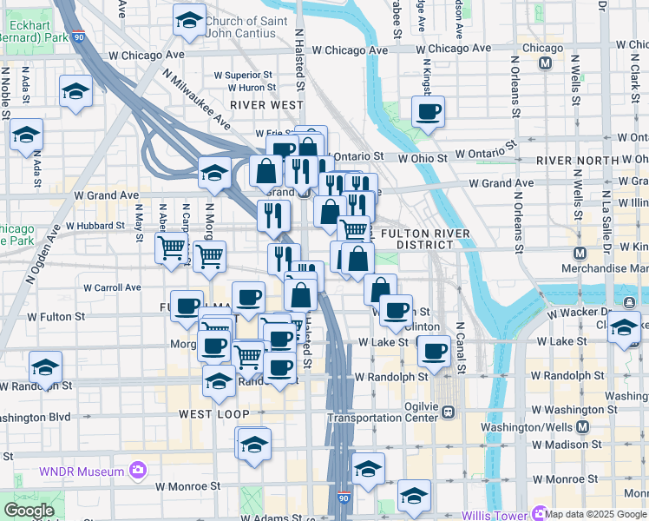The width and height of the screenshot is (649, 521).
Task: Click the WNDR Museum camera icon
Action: tap(137, 471)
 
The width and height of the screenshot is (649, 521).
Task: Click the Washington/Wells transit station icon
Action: tap(582, 427)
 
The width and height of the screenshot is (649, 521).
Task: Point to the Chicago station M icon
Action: tap(546, 63)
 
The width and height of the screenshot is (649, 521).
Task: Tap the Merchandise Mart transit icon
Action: tap(581, 254)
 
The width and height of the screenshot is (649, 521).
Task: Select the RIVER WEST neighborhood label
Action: tap(266, 104)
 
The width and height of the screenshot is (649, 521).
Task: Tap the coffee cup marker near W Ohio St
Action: tap(429, 112)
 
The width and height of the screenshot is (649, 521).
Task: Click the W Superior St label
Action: tap(249, 76)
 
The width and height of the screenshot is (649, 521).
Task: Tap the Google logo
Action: tap(29, 510)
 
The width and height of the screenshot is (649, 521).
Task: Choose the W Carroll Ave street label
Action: tap(112, 287)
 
